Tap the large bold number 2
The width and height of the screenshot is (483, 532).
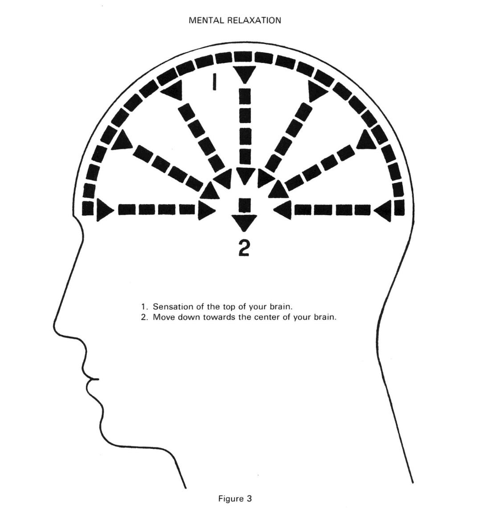tap(243, 249)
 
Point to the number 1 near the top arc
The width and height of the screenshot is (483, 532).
tap(214, 82)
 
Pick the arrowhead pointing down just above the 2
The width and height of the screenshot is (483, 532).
tap(242, 222)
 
